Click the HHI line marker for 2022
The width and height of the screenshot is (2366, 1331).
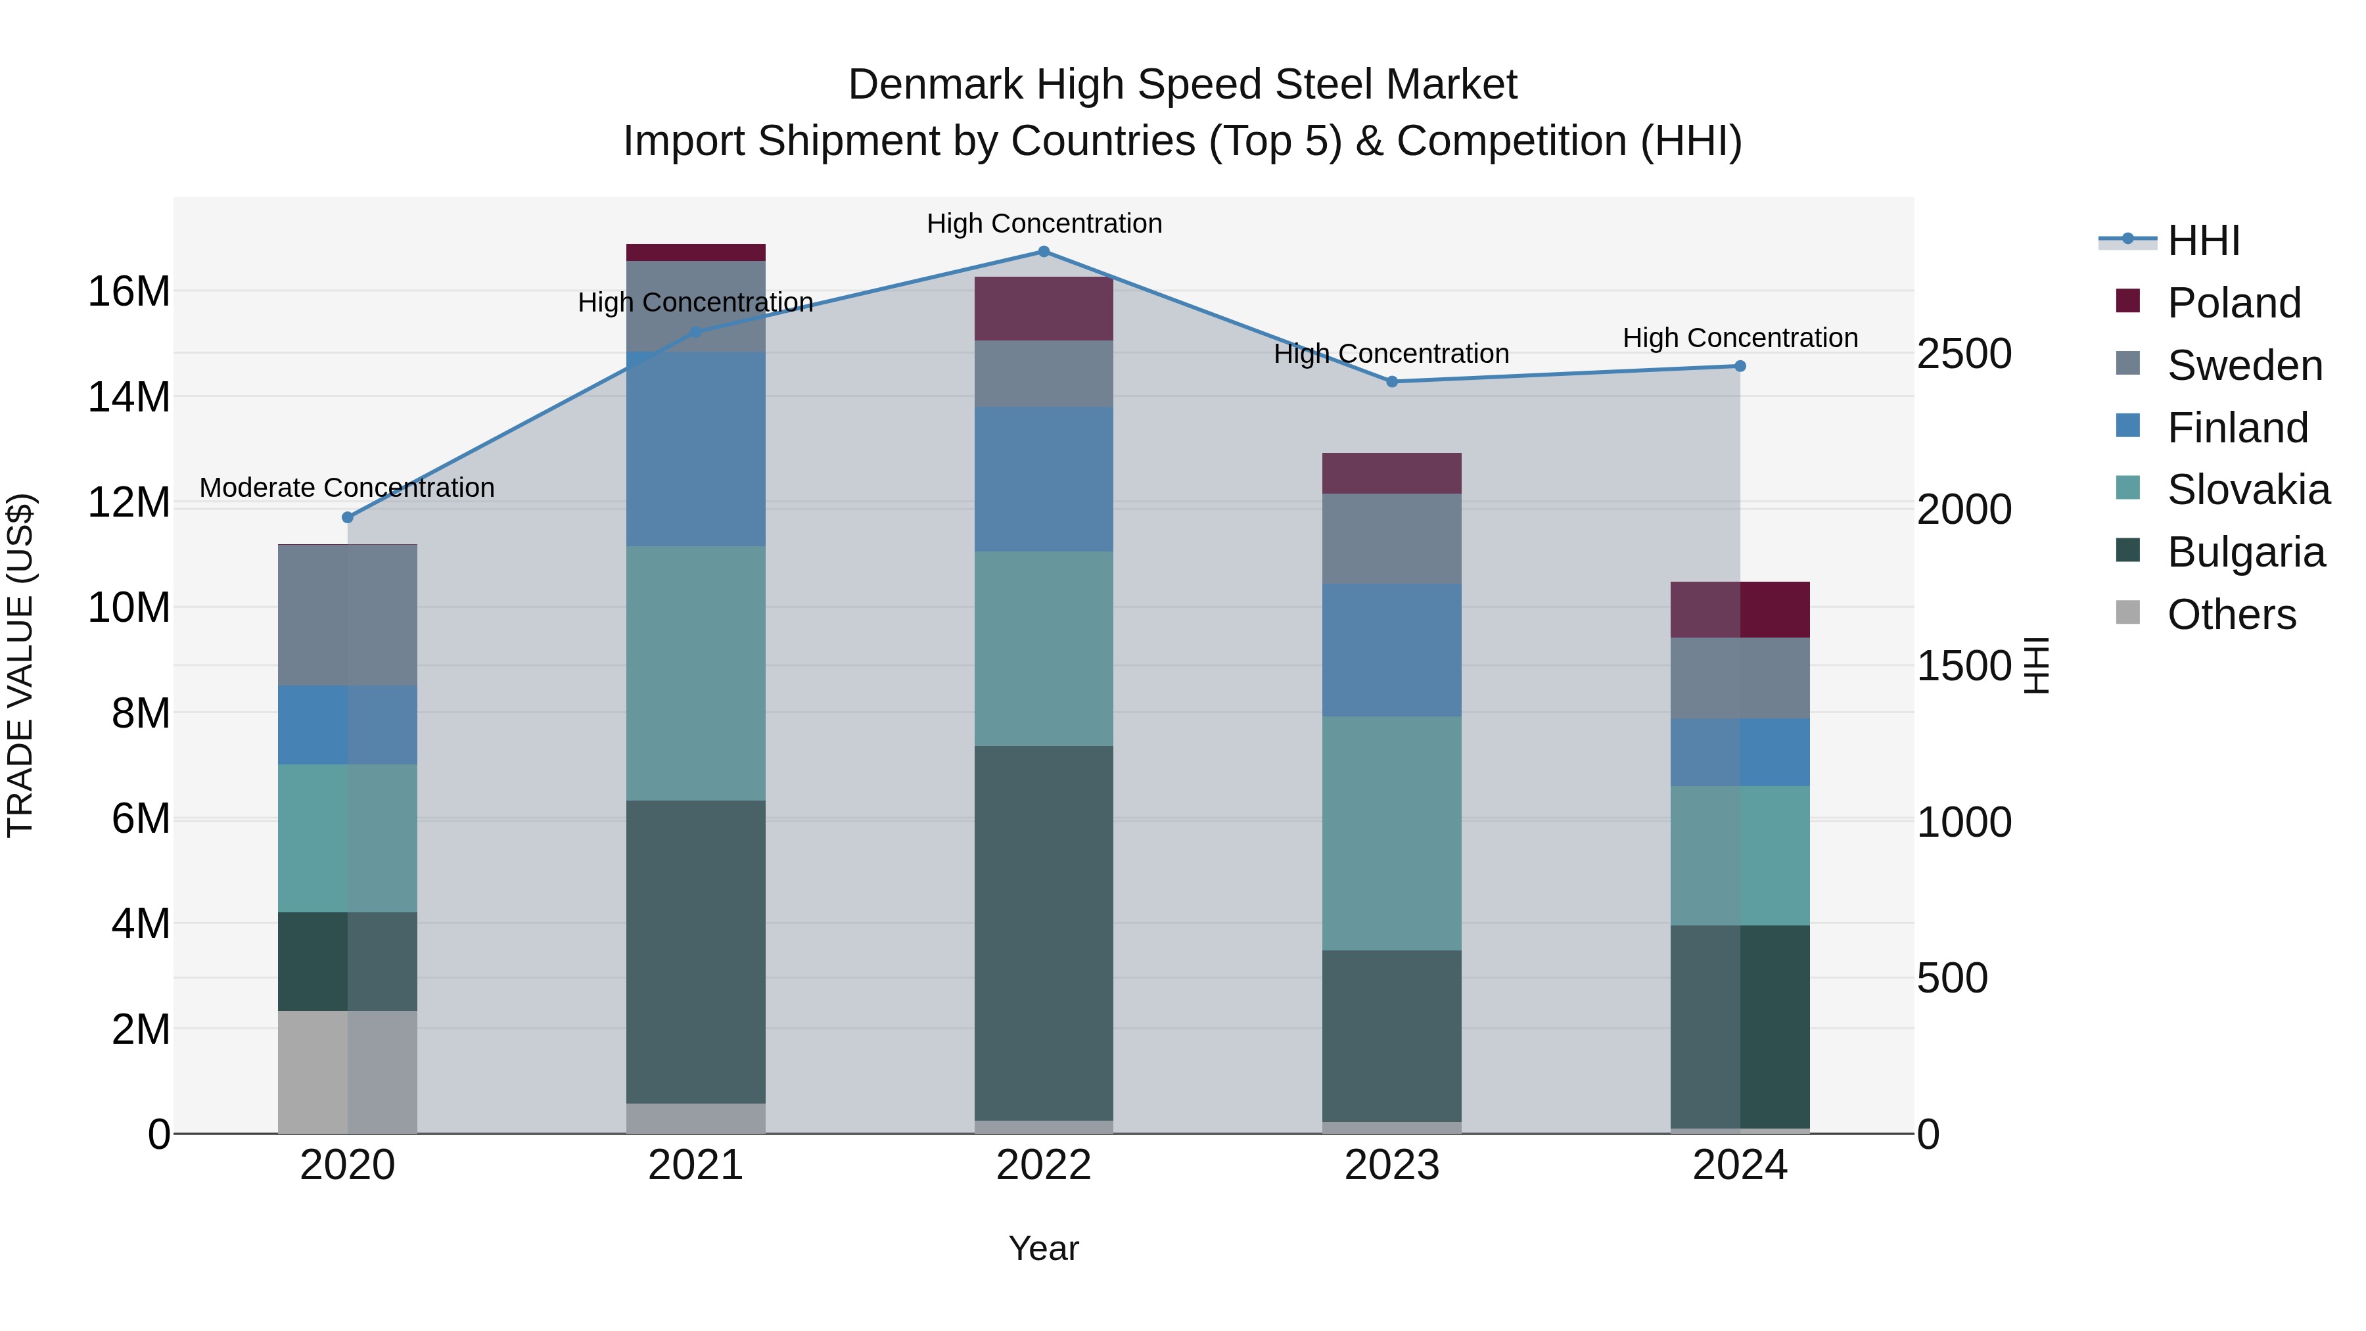1044,252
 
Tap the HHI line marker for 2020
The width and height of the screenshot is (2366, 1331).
347,517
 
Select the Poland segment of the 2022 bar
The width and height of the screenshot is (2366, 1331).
1044,309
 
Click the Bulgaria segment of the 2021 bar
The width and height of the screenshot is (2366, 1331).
695,952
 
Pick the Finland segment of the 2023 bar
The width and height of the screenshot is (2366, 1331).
1391,650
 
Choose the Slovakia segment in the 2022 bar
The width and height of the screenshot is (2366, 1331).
1044,649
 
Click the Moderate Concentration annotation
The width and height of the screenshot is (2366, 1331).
347,488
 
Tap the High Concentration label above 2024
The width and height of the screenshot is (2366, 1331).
1740,338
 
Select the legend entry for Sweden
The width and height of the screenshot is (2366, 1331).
2244,365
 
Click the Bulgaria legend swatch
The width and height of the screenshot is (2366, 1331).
2127,551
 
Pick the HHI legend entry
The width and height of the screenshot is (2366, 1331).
2202,241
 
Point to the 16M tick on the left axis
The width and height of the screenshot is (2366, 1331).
129,292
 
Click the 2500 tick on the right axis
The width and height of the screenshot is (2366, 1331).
1964,354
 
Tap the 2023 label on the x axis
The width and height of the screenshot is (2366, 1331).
1391,1165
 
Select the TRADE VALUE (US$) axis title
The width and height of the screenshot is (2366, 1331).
20,665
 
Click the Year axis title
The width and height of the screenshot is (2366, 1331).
1044,1248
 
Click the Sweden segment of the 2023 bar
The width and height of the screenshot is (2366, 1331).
1391,539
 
